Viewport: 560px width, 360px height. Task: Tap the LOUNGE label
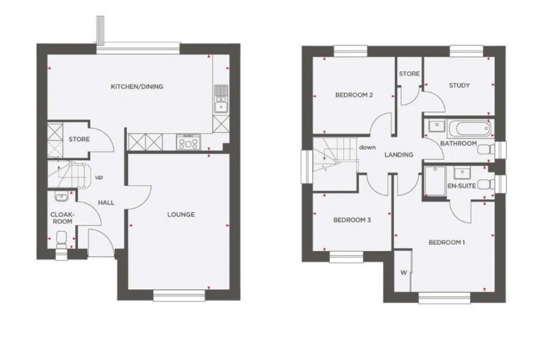[180, 214]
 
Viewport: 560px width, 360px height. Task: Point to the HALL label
[106, 202]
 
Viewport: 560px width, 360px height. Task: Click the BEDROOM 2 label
[354, 95]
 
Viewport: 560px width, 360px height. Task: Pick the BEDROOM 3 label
[352, 220]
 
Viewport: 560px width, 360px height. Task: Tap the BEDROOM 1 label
[447, 242]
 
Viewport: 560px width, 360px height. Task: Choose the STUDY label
[459, 85]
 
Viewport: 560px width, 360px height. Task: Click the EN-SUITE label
[459, 186]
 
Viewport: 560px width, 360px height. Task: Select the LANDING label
[399, 155]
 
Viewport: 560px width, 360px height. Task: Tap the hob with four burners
[189, 143]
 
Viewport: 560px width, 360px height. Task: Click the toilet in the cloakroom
[62, 239]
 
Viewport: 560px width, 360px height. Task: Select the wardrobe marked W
[404, 272]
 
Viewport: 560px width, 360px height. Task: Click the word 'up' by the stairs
[100, 177]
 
